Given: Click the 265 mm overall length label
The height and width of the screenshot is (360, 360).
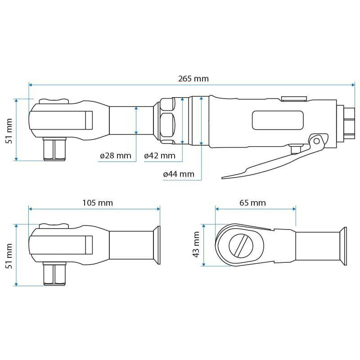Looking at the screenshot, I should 193,78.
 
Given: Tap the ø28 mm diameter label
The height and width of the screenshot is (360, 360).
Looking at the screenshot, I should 115,156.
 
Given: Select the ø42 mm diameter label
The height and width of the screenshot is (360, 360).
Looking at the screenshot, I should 159,156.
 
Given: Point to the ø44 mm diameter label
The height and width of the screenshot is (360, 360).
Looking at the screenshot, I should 179,174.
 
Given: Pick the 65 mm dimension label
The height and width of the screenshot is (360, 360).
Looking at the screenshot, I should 252,203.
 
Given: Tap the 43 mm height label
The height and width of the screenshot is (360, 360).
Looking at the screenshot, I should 196,245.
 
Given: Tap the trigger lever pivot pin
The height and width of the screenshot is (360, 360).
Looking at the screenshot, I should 317,141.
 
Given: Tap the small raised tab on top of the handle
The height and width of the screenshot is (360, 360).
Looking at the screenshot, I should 293,98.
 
